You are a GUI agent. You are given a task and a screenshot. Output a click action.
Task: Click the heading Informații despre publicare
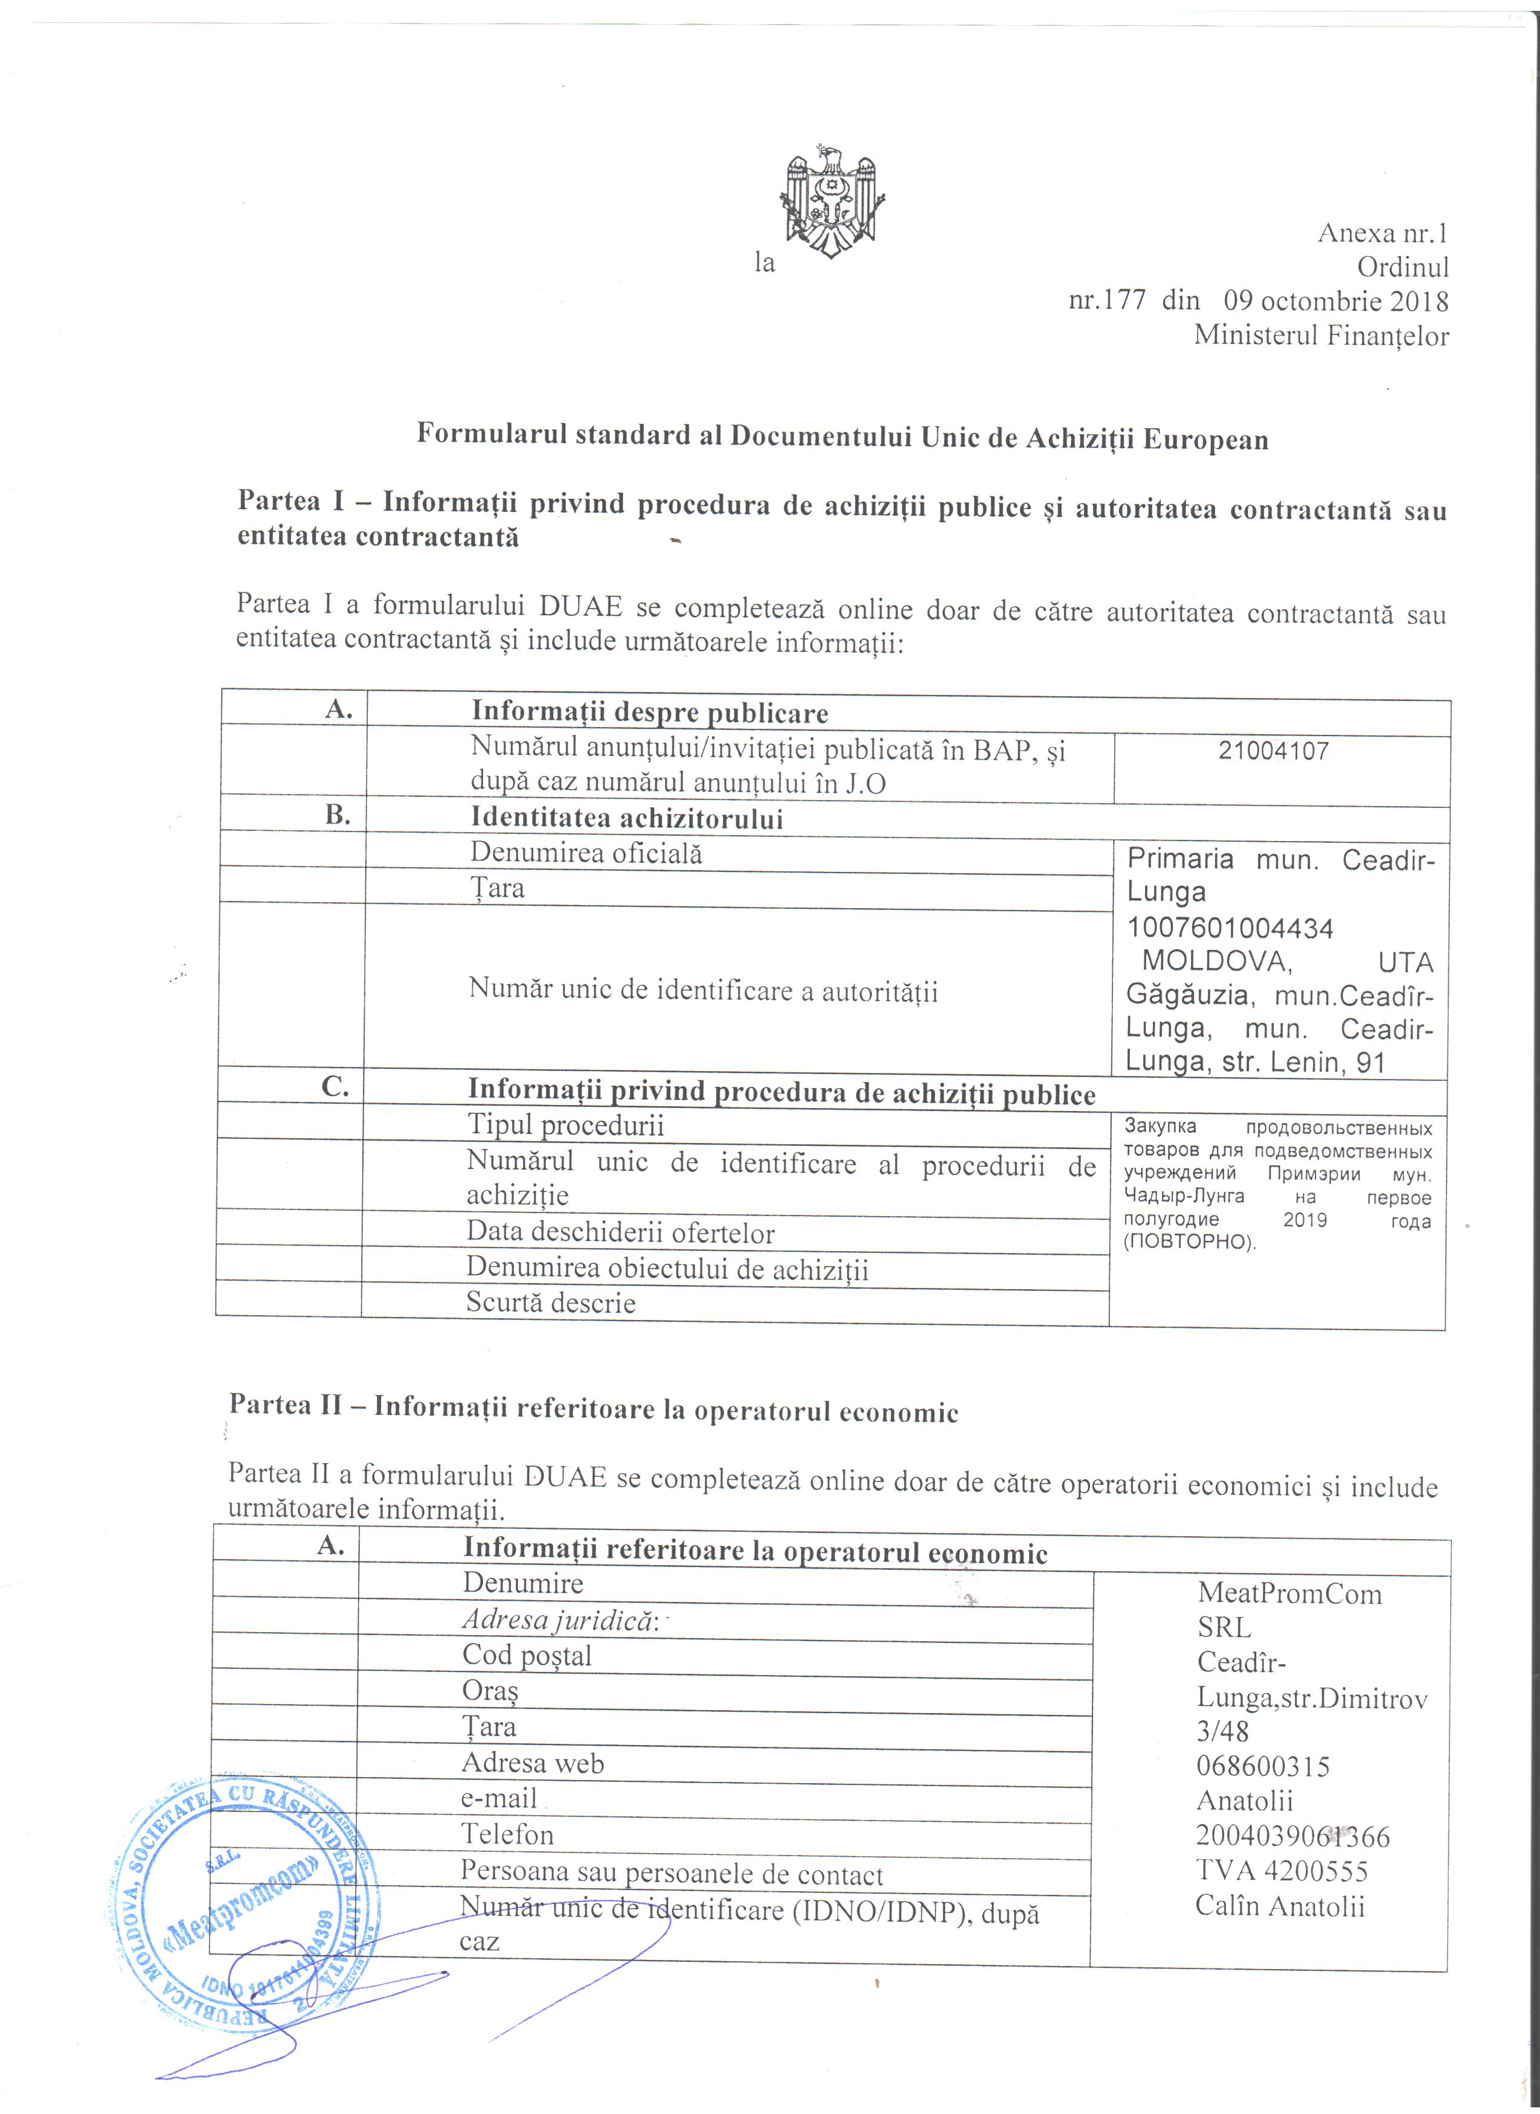tap(650, 713)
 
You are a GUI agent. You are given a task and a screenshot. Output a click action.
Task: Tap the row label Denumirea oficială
tap(586, 853)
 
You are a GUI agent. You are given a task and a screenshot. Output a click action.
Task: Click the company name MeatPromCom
tap(1289, 1594)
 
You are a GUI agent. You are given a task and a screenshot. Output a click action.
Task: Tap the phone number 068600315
tap(1263, 1766)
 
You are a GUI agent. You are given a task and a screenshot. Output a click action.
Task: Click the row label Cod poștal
tap(527, 1656)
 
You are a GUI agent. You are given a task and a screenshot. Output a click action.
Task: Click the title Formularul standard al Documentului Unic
tap(842, 437)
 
